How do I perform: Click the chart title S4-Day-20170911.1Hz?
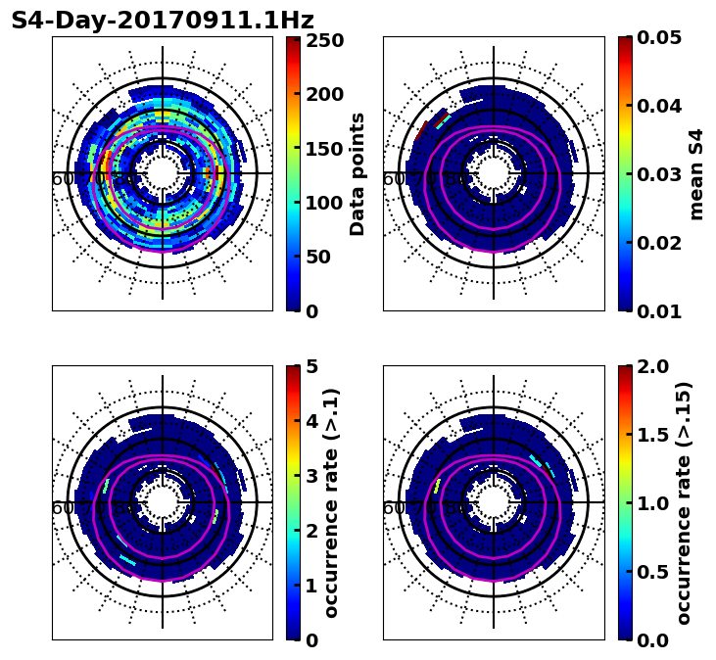163,21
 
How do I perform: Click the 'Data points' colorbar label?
358,173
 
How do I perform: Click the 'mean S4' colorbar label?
696,173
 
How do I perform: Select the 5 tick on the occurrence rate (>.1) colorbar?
311,366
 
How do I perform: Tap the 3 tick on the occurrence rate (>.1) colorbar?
311,476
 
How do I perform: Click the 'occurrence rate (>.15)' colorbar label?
683,502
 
